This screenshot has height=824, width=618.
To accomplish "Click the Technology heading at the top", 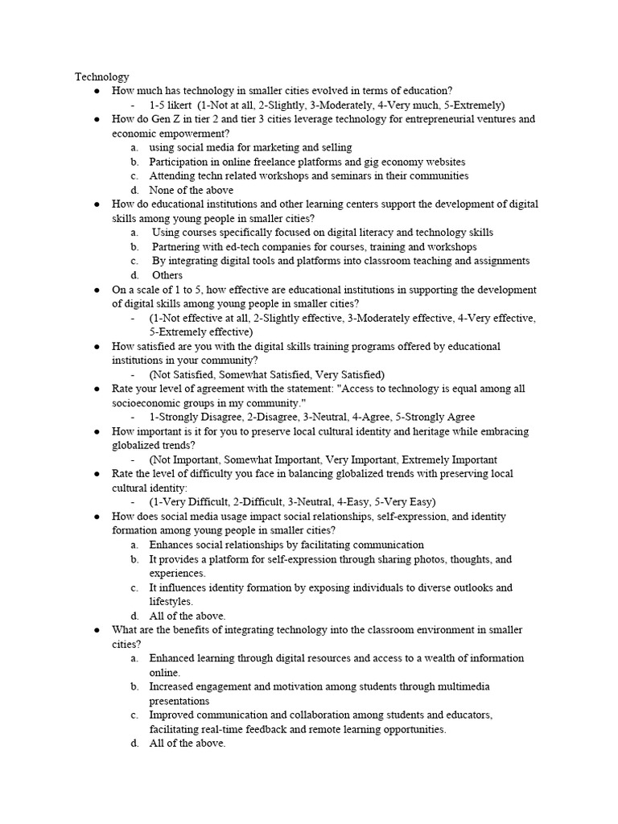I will tap(102, 76).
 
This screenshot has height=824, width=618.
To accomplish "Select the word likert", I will tap(179, 105).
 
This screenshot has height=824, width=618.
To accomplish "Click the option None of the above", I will tap(192, 190).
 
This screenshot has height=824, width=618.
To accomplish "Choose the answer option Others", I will tap(167, 275).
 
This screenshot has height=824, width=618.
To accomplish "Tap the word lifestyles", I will tap(171, 601).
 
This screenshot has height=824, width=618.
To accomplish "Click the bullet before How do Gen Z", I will tap(97, 119).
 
